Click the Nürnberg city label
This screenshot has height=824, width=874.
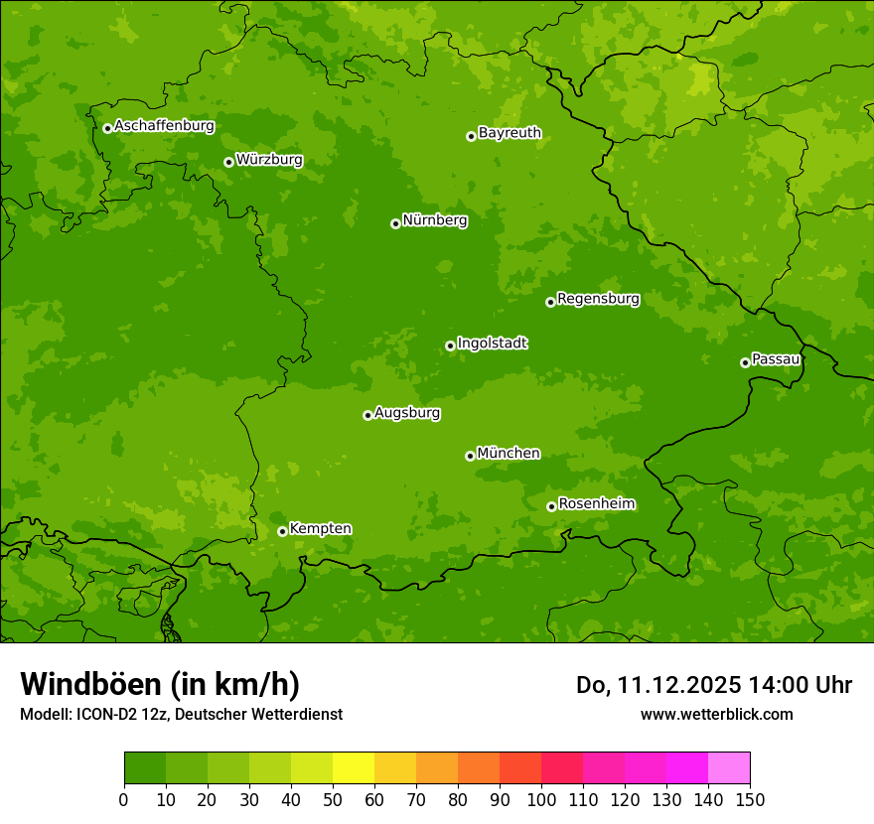tap(435, 220)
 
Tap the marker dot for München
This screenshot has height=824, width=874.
tap(470, 456)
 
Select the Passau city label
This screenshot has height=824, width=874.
tap(776, 359)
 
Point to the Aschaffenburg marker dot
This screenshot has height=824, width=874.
tap(107, 128)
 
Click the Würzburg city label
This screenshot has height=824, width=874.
tap(269, 160)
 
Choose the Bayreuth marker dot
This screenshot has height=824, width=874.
tap(471, 136)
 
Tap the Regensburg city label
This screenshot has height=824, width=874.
tap(598, 299)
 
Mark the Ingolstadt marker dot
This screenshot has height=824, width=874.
tap(450, 345)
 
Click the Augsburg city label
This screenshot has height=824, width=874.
tap(407, 413)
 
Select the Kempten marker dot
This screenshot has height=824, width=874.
tap(282, 531)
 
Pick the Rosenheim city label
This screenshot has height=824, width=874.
tap(597, 504)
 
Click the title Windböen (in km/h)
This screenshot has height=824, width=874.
tap(160, 684)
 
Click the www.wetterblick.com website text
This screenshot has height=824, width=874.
tap(716, 714)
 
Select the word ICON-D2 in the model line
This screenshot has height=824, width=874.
tap(100, 715)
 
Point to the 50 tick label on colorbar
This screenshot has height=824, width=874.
tap(333, 799)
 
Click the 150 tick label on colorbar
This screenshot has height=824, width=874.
tap(750, 799)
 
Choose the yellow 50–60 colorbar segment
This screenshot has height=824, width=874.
tap(354, 768)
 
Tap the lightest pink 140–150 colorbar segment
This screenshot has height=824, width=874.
tap(729, 768)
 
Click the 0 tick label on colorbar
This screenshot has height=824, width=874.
tap(124, 799)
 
